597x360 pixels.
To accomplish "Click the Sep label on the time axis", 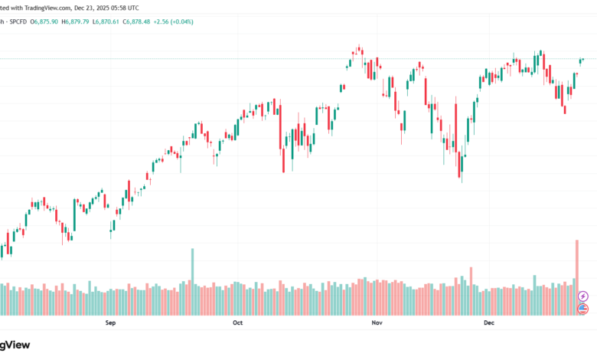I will click(110, 323).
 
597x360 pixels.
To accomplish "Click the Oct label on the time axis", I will click(237, 323).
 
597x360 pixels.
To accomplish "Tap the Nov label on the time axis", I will click(377, 323).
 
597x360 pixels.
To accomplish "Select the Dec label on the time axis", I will click(490, 323).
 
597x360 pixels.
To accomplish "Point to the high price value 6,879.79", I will click(80, 21).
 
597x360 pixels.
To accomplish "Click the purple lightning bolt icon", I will click(583, 296).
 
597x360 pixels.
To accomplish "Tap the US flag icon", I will click(583, 309).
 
